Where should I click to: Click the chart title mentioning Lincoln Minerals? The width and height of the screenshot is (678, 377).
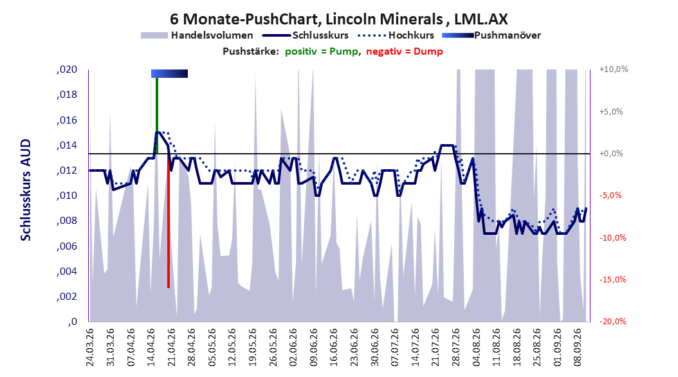(x=338, y=19)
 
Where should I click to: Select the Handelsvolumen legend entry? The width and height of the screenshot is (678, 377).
(x=197, y=35)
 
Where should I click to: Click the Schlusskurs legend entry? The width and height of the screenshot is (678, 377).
(x=306, y=35)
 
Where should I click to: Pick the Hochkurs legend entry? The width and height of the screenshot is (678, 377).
(x=396, y=35)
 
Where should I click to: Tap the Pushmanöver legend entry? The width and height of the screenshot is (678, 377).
(x=491, y=35)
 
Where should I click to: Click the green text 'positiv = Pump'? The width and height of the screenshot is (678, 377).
(x=321, y=51)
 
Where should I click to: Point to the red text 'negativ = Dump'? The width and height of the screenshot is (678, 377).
(x=405, y=51)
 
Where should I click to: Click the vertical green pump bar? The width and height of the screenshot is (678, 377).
(x=157, y=115)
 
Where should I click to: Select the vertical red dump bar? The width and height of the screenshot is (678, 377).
(x=169, y=221)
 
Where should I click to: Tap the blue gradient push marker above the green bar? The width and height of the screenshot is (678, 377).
(x=170, y=74)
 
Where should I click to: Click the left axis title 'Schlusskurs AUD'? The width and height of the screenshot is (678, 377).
(x=26, y=190)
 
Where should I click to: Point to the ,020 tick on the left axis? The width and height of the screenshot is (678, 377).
(x=67, y=69)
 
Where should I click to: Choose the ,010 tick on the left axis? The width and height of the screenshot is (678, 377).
(x=67, y=196)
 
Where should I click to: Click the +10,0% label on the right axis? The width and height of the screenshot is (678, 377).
(x=614, y=69)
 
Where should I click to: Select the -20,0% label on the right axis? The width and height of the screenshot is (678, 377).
(x=612, y=321)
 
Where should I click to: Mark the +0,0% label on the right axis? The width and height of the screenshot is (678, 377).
(x=611, y=154)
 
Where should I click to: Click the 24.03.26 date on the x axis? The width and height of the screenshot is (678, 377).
(x=90, y=347)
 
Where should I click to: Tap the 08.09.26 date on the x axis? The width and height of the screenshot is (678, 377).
(x=577, y=347)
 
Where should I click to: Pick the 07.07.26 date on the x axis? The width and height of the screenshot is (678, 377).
(x=394, y=347)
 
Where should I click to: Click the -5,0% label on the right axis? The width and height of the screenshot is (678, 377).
(x=610, y=196)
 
